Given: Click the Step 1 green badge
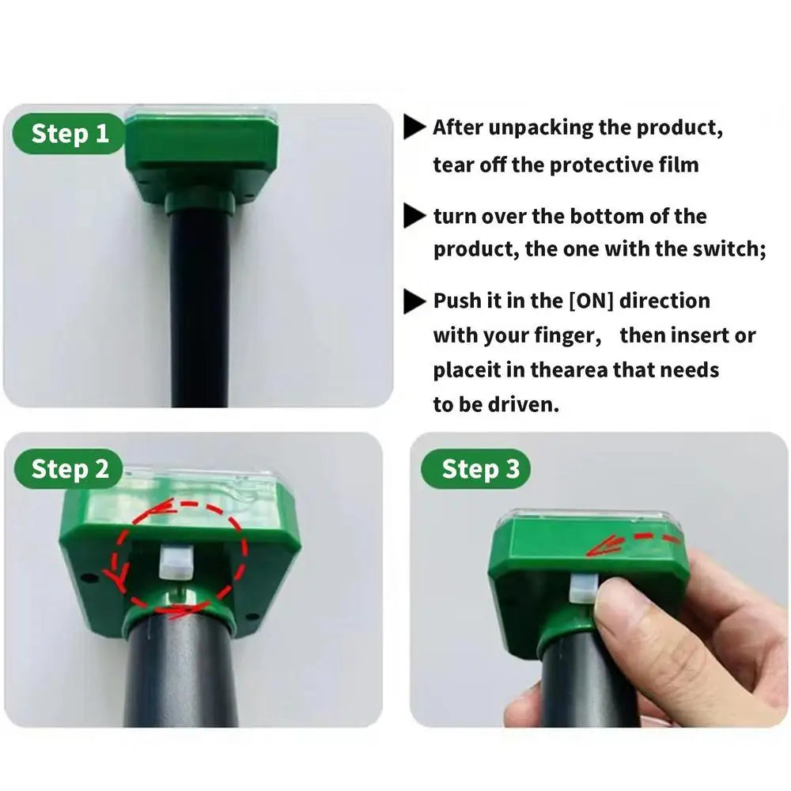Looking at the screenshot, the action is [x=69, y=134].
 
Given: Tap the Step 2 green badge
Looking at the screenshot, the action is [x=69, y=469].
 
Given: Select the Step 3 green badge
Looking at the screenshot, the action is [x=475, y=469].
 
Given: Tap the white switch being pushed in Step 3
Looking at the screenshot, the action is [x=581, y=588].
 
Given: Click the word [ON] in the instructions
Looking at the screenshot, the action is [x=591, y=301].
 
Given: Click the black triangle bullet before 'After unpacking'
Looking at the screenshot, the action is [x=414, y=127].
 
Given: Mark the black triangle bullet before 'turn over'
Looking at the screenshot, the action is [x=414, y=217].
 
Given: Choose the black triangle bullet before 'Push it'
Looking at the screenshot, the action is [x=414, y=301].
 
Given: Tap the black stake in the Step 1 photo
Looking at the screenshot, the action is [x=201, y=308].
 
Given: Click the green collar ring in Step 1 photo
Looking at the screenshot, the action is [x=200, y=200].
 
